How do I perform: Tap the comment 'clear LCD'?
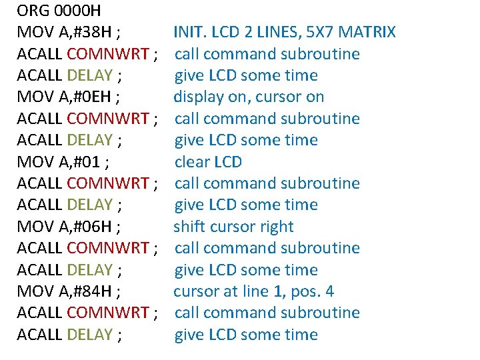coord(208,161)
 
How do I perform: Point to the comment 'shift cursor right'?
coord(233,226)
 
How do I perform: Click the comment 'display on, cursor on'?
coord(249,97)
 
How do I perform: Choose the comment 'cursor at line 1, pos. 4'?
coord(253,291)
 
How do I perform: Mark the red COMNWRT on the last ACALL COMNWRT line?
coord(108,313)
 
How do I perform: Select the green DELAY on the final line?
coord(89,335)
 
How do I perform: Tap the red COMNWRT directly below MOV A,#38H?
coord(108,53)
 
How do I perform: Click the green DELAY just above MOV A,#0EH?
coord(89,75)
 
